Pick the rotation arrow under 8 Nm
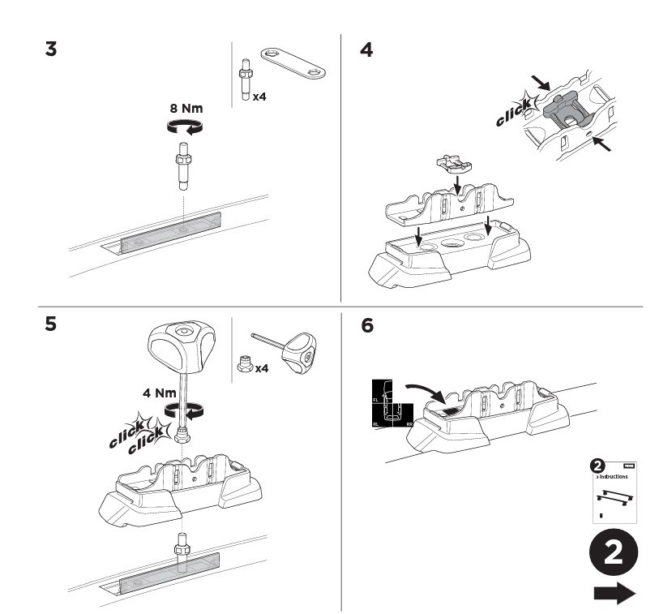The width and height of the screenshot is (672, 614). tap(182, 127)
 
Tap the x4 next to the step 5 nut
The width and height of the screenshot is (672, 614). tap(260, 369)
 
